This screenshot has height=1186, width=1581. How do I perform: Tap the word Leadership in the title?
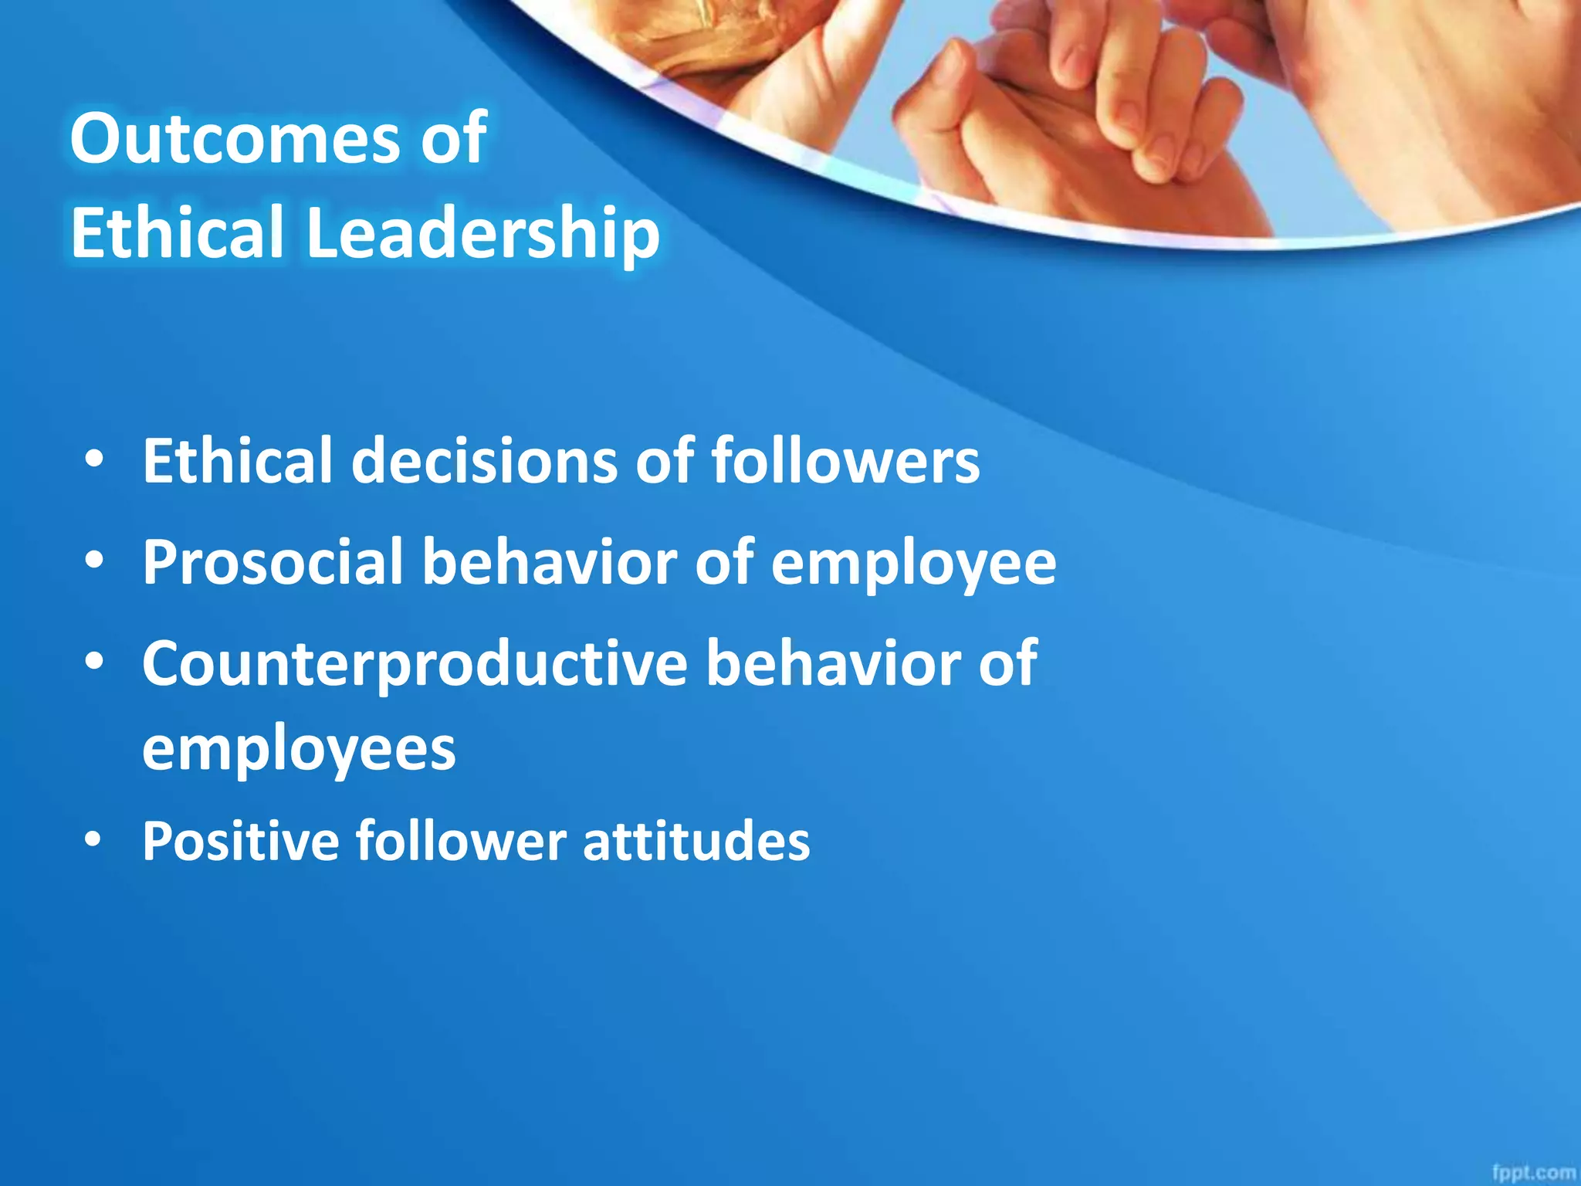tap(482, 233)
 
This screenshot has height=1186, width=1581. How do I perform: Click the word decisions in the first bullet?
tap(485, 461)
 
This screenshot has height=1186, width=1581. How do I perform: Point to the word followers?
tap(845, 461)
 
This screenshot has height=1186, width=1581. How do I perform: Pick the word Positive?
tap(240, 841)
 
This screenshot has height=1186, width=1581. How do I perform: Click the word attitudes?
tap(696, 841)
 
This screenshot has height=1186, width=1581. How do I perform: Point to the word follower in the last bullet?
tap(461, 841)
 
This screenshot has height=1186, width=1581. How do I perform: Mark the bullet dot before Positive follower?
tap(93, 840)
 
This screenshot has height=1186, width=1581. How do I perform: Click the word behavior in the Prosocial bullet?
tap(549, 563)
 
